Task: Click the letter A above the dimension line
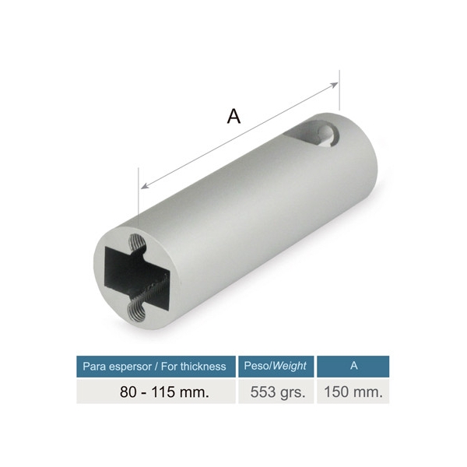(233, 116)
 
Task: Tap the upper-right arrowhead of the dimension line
(335, 85)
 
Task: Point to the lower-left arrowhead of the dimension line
(145, 186)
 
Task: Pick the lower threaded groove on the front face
(135, 311)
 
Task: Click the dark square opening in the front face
(137, 276)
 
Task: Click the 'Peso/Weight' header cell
(276, 367)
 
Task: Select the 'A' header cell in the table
(353, 367)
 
